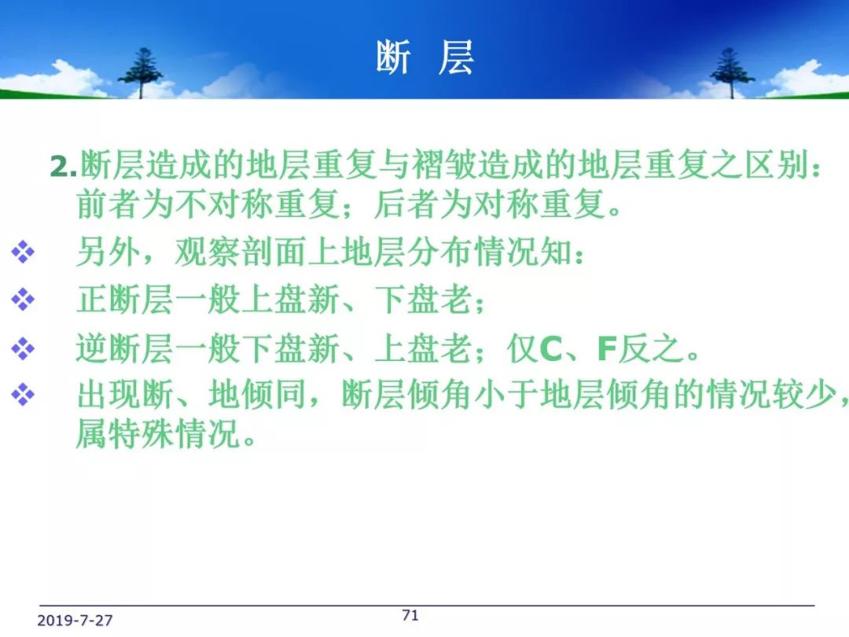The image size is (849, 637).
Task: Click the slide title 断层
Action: (x=425, y=57)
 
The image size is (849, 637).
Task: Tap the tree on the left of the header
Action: (x=141, y=72)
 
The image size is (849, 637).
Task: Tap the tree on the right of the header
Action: (x=732, y=72)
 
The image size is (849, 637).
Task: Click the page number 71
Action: (x=410, y=615)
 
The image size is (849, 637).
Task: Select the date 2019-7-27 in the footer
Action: (x=75, y=620)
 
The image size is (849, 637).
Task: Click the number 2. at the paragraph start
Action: (x=64, y=166)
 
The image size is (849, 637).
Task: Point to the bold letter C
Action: (x=550, y=349)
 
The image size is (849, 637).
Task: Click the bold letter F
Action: (x=607, y=349)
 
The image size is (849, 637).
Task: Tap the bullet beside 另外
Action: (x=23, y=252)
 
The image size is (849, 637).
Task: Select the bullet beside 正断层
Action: (x=23, y=300)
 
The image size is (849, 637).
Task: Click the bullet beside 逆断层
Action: (x=23, y=348)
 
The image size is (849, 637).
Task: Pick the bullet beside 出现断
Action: (x=23, y=394)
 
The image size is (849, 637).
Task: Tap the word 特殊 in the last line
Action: (x=141, y=433)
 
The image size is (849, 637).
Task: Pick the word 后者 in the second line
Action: (x=406, y=204)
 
